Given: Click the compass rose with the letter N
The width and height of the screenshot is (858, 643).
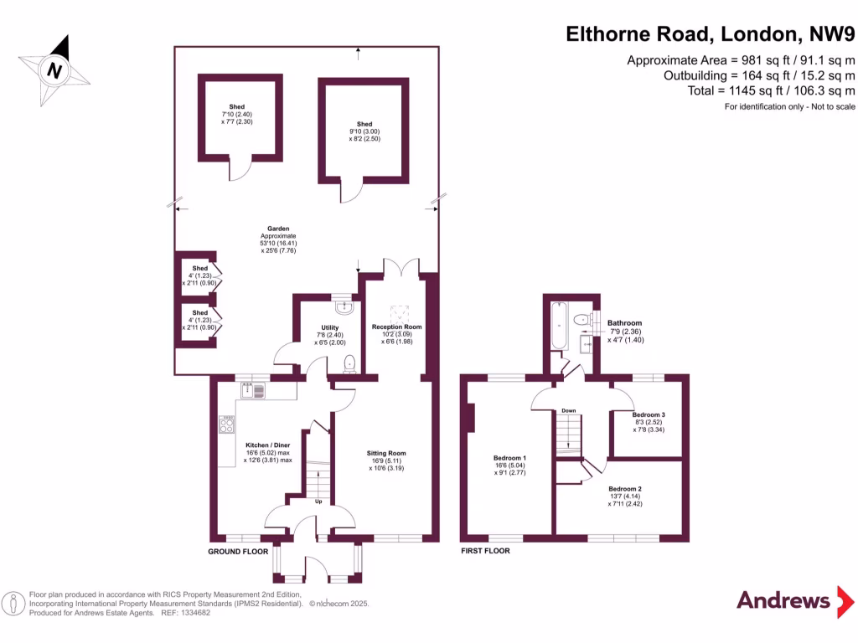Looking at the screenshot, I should coord(54,70).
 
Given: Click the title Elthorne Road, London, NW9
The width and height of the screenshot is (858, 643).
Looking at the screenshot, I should coord(710,34).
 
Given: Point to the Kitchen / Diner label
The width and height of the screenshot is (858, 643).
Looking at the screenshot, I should coord(267,445).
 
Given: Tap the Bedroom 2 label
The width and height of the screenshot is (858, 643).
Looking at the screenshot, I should coord(624,489).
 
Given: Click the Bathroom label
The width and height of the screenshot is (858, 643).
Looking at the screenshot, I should coord(624,323).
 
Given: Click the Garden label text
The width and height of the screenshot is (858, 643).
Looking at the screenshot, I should coord(278,229).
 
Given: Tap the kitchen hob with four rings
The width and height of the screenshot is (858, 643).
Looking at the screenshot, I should coord(226,424).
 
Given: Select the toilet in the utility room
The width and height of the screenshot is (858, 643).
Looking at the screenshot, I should coord(350,362).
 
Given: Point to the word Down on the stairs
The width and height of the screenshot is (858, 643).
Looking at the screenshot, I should coord(568,411).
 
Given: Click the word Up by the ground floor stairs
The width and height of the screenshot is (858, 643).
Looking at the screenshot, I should coord(319,502).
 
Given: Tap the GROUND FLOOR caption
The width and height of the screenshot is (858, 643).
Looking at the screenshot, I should coord(238,552).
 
